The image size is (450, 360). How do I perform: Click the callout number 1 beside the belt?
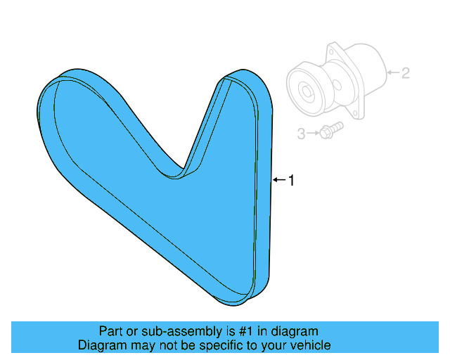pyautogui.click(x=291, y=181)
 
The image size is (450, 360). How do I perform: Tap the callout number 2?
pyautogui.click(x=406, y=72)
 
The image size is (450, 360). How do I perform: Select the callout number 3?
pyautogui.click(x=301, y=133)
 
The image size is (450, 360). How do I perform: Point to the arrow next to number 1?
pyautogui.click(x=278, y=181)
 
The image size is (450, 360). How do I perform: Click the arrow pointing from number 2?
pyautogui.click(x=393, y=72)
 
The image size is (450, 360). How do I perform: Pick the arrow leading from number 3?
pyautogui.click(x=312, y=132)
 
